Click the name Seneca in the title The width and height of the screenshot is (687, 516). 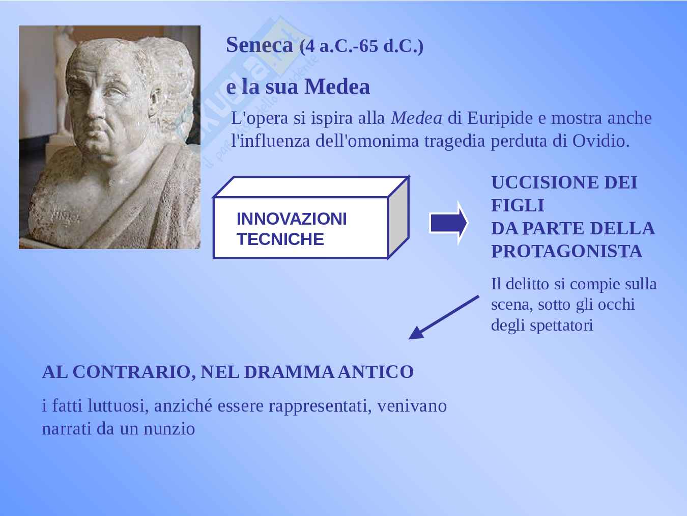click(x=259, y=45)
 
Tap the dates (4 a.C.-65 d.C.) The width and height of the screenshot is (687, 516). click(x=361, y=46)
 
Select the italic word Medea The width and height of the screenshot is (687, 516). click(x=417, y=118)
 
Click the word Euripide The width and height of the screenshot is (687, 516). click(x=500, y=119)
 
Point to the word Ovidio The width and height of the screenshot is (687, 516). click(x=601, y=141)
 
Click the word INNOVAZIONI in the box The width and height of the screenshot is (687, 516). click(x=292, y=219)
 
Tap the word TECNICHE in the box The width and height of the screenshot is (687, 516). click(x=280, y=239)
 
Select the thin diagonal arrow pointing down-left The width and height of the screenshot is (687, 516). click(x=444, y=317)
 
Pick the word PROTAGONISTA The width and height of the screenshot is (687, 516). click(x=566, y=251)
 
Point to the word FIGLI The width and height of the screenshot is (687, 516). click(x=518, y=205)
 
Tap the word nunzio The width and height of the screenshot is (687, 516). click(x=169, y=429)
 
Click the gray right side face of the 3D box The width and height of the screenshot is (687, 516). click(x=398, y=218)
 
